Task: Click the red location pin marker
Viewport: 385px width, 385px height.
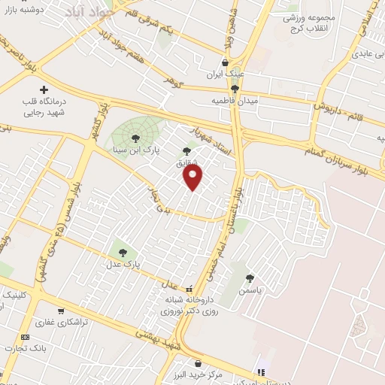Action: (194, 177)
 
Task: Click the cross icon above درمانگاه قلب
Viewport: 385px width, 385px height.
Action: (43, 89)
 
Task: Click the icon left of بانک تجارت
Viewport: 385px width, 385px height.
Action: (26, 337)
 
